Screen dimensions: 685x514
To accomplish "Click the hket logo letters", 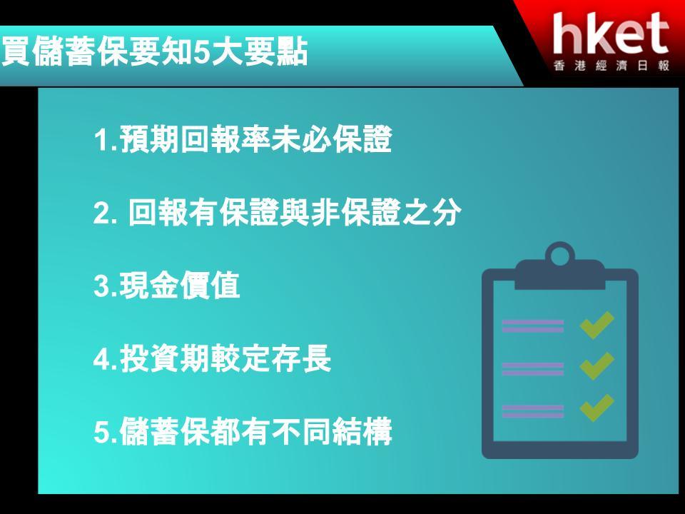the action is (x=611, y=34).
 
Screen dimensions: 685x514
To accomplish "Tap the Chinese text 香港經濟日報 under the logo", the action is (x=612, y=66).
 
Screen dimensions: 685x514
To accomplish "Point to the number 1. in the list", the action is (x=105, y=140).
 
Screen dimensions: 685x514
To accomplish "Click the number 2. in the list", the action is (x=105, y=213).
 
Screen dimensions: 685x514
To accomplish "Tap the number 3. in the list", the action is (x=105, y=286).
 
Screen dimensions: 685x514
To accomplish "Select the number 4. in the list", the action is (x=105, y=359).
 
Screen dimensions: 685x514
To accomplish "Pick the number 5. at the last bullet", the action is (x=105, y=432).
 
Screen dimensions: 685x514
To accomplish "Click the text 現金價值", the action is (x=180, y=286).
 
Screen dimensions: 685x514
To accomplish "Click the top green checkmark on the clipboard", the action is (x=597, y=325).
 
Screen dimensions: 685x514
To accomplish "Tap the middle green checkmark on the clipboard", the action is (x=597, y=366).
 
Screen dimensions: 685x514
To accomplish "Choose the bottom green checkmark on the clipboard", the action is (x=597, y=408).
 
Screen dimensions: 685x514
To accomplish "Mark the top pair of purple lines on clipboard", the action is (x=532, y=326).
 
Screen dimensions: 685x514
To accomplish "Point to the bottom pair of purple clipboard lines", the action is (x=532, y=411).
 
